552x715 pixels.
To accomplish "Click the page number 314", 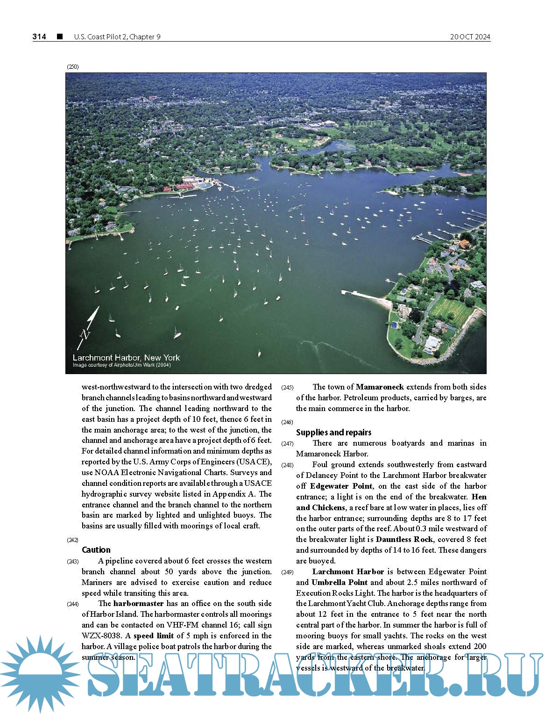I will point(39,37).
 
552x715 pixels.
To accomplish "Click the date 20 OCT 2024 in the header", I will point(470,37).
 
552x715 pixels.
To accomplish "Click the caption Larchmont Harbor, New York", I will point(126,358).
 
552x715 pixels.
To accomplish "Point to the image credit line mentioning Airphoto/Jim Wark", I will point(121,365).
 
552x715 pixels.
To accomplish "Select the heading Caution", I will point(96,550).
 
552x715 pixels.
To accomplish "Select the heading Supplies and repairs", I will point(333,433).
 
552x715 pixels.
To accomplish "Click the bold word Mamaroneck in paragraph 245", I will point(379,387).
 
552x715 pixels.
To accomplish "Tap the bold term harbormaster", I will point(138,604).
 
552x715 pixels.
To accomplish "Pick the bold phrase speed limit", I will point(153,636).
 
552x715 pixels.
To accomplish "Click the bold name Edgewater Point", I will point(341,486).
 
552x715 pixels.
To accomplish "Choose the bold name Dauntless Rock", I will point(404,540).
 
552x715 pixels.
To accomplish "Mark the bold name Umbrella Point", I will point(340,583).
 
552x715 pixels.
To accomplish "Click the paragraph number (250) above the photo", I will point(73,67).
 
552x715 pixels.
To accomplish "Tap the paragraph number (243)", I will point(73,562).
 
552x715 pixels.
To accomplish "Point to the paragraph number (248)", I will point(287,465).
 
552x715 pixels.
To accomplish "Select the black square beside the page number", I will point(60,36).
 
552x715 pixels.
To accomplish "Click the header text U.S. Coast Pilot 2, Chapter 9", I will point(117,37).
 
